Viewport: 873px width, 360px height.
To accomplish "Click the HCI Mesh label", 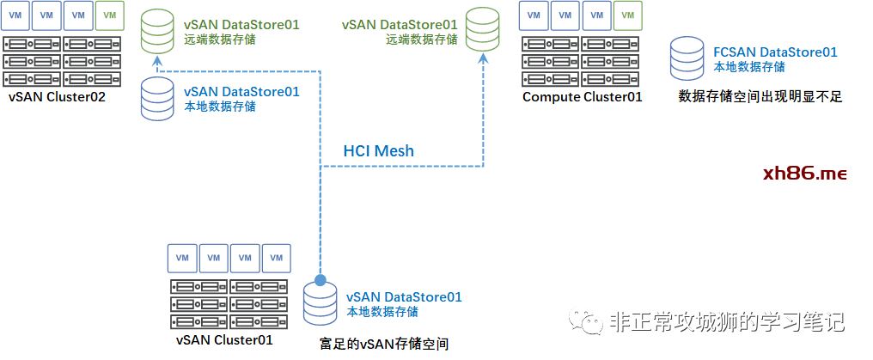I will [x=378, y=151].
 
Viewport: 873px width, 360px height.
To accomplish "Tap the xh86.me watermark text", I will [x=804, y=174].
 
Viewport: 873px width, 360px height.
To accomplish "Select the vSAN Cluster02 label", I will [x=57, y=97].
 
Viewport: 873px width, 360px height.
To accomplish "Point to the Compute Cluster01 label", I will [x=582, y=97].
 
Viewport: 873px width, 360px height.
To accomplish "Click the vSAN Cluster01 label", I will [x=224, y=339].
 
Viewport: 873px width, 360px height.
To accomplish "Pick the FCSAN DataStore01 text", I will [x=775, y=52].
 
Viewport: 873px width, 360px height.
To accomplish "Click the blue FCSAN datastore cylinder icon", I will [x=690, y=58].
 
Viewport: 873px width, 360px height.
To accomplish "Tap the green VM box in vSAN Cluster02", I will [x=108, y=15].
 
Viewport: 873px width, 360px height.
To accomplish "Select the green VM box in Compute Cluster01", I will [x=628, y=15].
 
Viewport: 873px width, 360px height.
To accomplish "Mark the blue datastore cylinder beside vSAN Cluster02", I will [x=158, y=97].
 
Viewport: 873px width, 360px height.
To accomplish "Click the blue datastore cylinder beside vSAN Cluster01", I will [x=321, y=303].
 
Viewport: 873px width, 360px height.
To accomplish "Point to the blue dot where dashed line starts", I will [x=321, y=280].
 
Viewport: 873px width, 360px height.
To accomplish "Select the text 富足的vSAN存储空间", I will [x=383, y=345].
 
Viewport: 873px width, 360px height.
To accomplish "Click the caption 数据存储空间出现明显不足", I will [x=760, y=97].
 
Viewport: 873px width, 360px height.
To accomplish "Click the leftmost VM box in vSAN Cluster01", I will [x=181, y=257].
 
